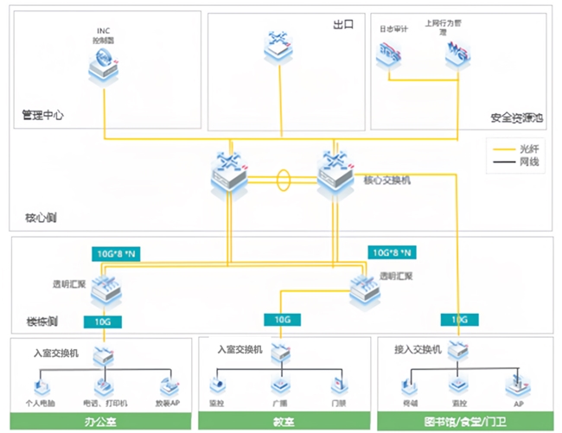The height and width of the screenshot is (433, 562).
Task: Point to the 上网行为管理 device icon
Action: coord(455,56)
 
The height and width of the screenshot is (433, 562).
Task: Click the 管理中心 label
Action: coord(43,114)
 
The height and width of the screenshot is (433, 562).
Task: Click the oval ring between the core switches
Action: coord(283,182)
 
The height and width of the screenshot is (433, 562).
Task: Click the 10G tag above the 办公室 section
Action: coord(103,322)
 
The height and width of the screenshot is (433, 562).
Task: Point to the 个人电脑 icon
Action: coord(41,384)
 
